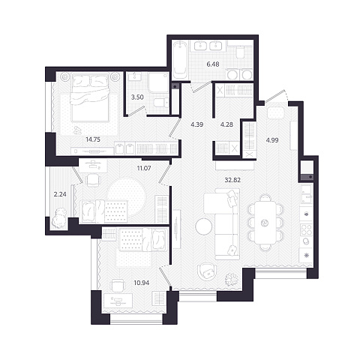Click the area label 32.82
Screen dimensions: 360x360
click(232, 180)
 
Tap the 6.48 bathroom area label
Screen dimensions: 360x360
click(213, 64)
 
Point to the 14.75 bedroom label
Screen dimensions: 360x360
click(93, 139)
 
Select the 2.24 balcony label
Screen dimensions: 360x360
click(60, 194)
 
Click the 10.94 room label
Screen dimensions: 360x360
click(142, 283)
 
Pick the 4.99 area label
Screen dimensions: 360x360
click(272, 140)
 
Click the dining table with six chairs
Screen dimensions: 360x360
click(265, 223)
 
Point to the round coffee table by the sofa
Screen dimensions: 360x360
click(204, 226)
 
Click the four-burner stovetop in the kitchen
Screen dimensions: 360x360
click(306, 229)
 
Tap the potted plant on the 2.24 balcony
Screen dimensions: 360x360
click(59, 218)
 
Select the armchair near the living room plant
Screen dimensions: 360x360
click(207, 271)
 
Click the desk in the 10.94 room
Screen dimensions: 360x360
click(118, 301)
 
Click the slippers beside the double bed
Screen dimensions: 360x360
click(78, 129)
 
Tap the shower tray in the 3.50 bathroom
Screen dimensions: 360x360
click(158, 82)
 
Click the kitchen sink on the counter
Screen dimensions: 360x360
click(306, 194)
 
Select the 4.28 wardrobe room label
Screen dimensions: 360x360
click(227, 124)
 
